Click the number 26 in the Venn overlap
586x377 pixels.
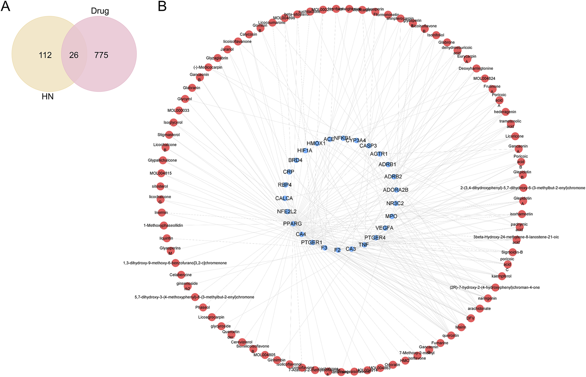74,55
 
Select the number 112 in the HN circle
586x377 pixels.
45,55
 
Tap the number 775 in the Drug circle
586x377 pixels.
101,55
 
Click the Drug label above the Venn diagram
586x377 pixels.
100,11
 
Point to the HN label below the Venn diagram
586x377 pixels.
48,97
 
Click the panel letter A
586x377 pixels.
6,6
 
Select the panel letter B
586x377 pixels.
162,6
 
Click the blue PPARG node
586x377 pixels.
292,224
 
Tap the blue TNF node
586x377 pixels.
364,245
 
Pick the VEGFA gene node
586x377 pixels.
385,228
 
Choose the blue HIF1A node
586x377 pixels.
305,151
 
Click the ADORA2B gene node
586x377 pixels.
396,190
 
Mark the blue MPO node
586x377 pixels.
392,216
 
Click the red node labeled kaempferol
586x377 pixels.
502,276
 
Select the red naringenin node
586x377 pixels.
488,298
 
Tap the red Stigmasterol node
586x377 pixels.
169,135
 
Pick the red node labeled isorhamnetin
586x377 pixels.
522,214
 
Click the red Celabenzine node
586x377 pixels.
181,275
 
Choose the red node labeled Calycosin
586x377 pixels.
249,34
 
